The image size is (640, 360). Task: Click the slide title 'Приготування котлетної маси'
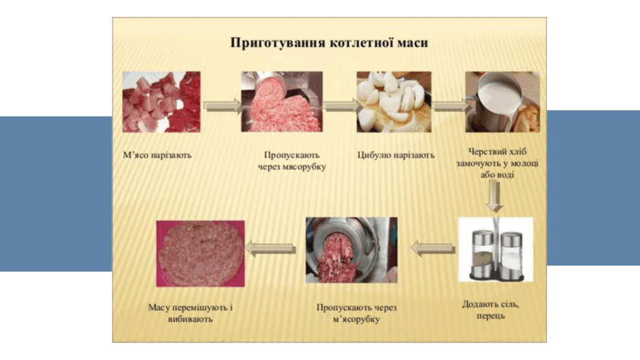coord(329,43)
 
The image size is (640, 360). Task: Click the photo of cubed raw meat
coord(161,102)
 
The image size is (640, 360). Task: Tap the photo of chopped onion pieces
coord(394,102)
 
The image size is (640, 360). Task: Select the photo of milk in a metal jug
coord(502,102)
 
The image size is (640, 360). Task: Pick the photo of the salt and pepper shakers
coord(496,249)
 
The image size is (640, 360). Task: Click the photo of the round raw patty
coord(200,253)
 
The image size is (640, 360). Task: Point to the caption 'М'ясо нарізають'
coord(157,155)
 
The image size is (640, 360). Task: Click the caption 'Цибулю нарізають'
coord(396,155)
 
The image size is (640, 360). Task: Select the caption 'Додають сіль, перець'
coord(491,310)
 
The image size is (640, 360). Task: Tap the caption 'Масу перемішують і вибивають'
coord(191,313)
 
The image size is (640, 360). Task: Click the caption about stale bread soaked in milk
coord(497,163)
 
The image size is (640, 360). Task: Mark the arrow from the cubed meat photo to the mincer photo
coord(223,106)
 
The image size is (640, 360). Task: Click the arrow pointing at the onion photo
coord(342,106)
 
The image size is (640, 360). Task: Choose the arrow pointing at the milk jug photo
coord(451,106)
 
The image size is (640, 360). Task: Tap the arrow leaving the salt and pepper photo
coord(433,248)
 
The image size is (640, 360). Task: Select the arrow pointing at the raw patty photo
coord(270,248)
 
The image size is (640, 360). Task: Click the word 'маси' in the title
coord(412,43)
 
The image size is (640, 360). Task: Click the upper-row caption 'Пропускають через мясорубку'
coord(292,161)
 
